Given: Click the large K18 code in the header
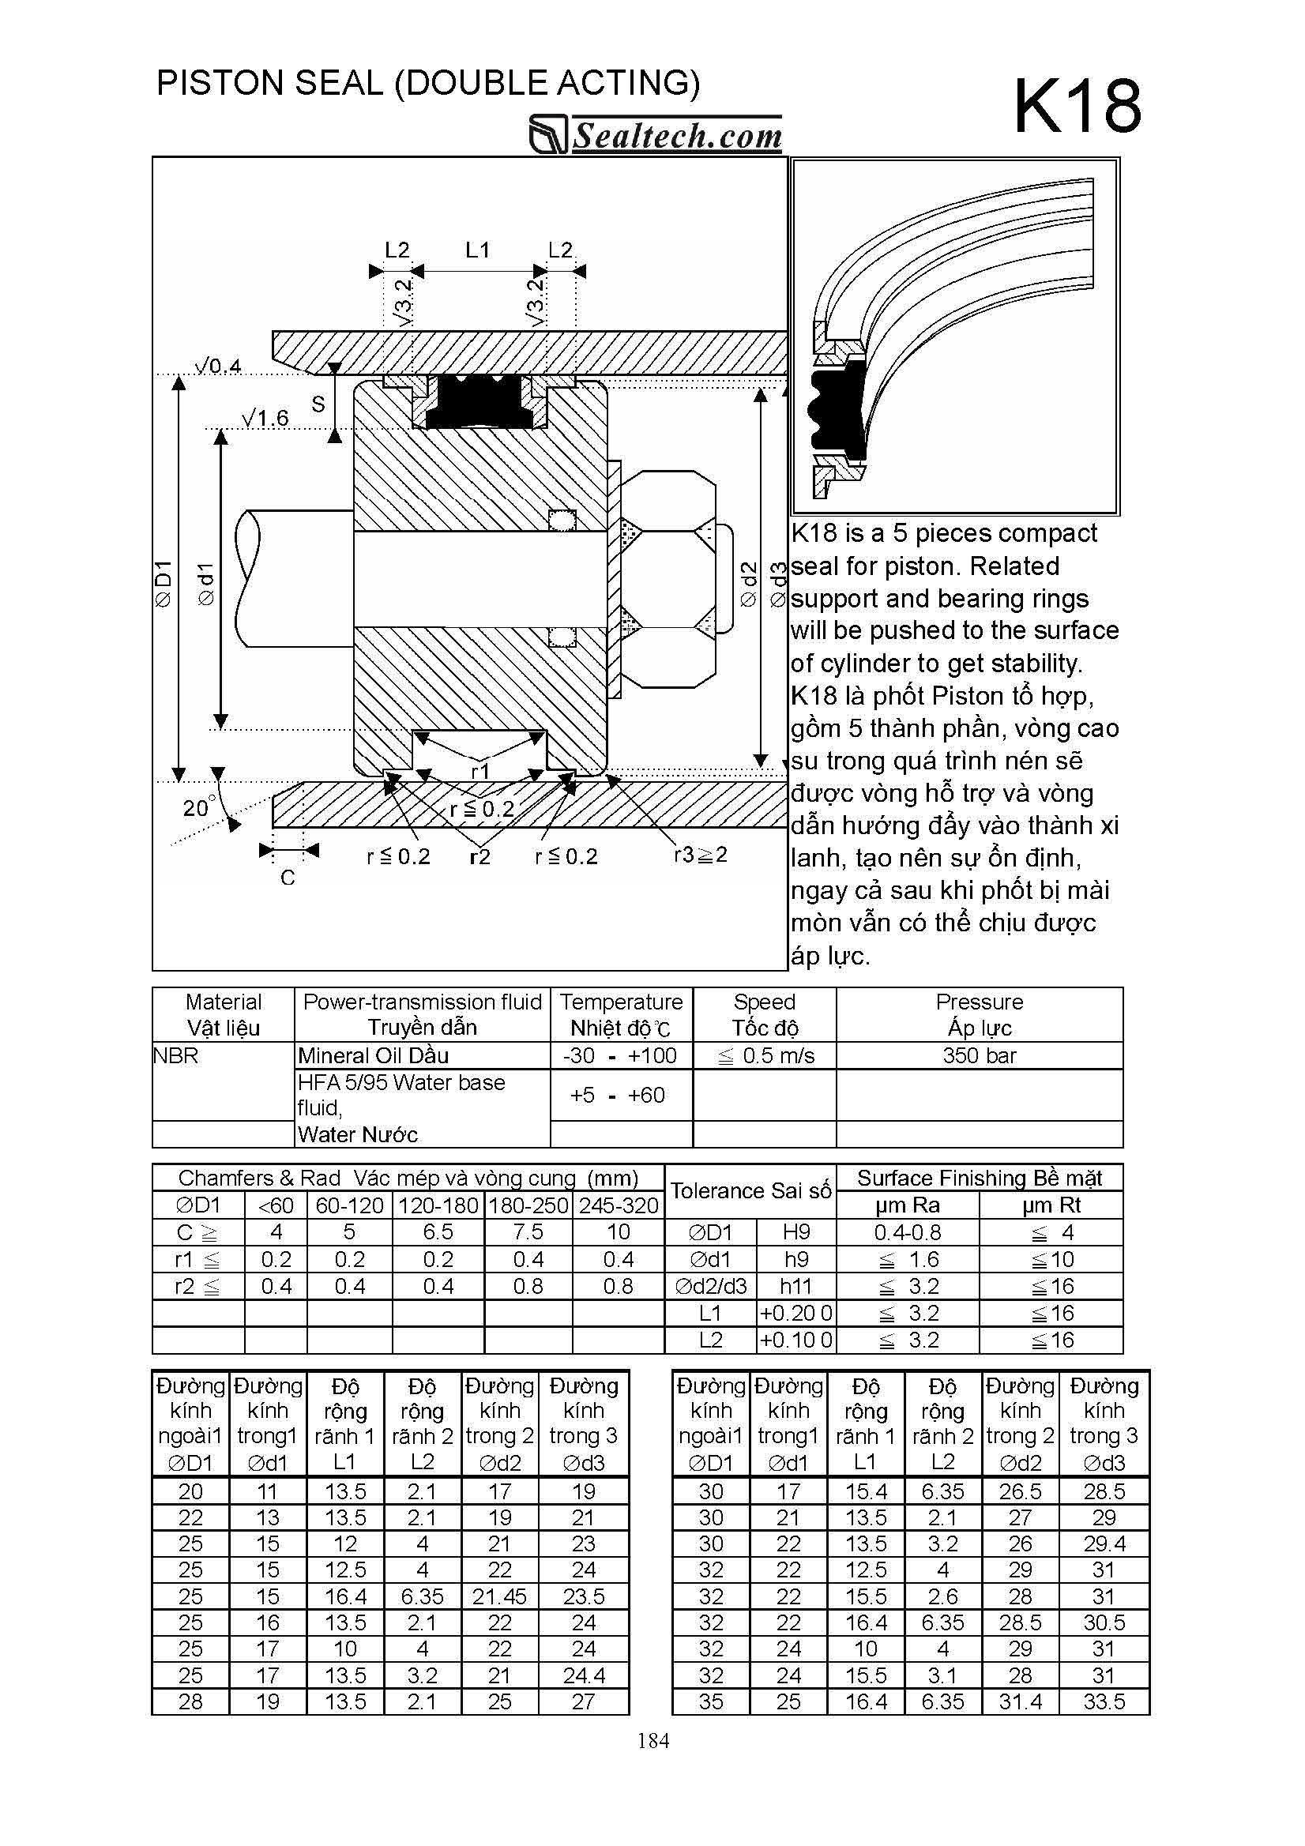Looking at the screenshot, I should coord(1077,107).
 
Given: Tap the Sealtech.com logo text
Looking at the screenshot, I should coord(675,135).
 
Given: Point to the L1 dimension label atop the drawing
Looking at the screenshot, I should coord(477,250).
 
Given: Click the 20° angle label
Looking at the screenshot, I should coord(198,806).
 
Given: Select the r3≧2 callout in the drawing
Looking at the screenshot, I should coord(701,855).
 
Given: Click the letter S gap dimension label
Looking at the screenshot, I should coord(318,404).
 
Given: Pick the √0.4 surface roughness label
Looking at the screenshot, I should coord(218,367).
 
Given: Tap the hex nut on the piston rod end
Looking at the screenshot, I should coord(668,579).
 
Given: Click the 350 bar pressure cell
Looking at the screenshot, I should coord(979,1055).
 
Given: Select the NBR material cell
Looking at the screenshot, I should coord(175,1055).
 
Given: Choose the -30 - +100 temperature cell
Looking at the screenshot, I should coord(620,1055).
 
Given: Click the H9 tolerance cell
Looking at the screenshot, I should coord(795,1232).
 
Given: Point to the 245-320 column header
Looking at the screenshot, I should coord(619,1205).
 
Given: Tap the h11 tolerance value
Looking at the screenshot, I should coord(795,1287).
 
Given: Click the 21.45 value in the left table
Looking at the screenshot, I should coord(498,1596).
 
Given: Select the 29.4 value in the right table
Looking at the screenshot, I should coord(1104,1543).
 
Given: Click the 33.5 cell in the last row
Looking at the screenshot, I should coord(1104,1701).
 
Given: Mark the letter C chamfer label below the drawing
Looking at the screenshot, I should coord(288,878).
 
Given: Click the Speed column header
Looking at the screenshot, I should coord(764,1015).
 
